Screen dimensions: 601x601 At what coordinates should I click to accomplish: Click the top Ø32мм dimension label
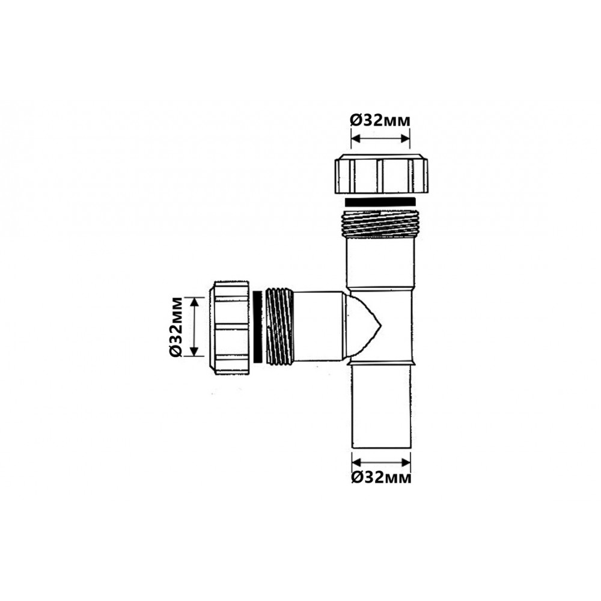point(380,120)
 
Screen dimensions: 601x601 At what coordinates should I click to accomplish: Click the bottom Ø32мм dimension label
point(381,477)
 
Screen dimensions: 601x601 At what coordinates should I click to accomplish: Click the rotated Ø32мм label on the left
point(176,326)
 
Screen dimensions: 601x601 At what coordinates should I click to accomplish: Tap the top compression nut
point(382,174)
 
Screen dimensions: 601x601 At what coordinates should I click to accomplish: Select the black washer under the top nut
point(380,202)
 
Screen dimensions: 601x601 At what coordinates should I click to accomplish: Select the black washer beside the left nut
point(258,326)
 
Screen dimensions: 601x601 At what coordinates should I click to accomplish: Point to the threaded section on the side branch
point(280,326)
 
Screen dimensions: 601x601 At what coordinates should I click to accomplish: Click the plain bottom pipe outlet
point(382,406)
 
